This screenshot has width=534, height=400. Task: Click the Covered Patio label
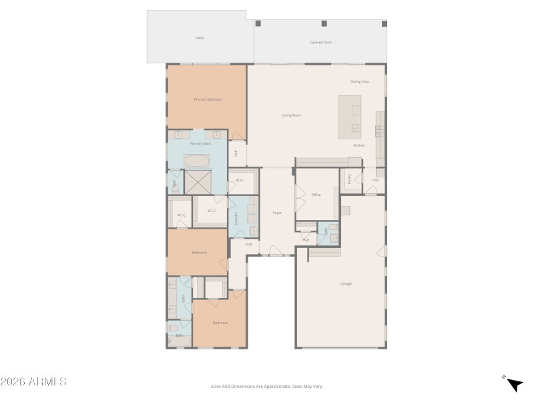click(320, 42)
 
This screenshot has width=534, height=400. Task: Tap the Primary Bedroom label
click(208, 99)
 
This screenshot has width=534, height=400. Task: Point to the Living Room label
click(292, 115)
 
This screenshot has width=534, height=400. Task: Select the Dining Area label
click(360, 81)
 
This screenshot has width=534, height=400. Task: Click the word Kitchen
click(359, 145)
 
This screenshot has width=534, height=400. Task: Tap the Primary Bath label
click(200, 143)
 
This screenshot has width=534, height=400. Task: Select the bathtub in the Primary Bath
click(197, 161)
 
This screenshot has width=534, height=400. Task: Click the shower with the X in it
click(198, 181)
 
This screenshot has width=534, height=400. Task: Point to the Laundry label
click(236, 217)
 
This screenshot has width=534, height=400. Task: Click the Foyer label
click(277, 213)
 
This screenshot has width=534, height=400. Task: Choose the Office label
click(316, 195)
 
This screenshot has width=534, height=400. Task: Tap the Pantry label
click(349, 178)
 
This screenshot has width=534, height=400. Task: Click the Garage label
click(346, 284)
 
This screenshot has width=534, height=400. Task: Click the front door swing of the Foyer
click(275, 251)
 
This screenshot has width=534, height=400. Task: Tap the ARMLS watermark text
click(33, 382)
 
